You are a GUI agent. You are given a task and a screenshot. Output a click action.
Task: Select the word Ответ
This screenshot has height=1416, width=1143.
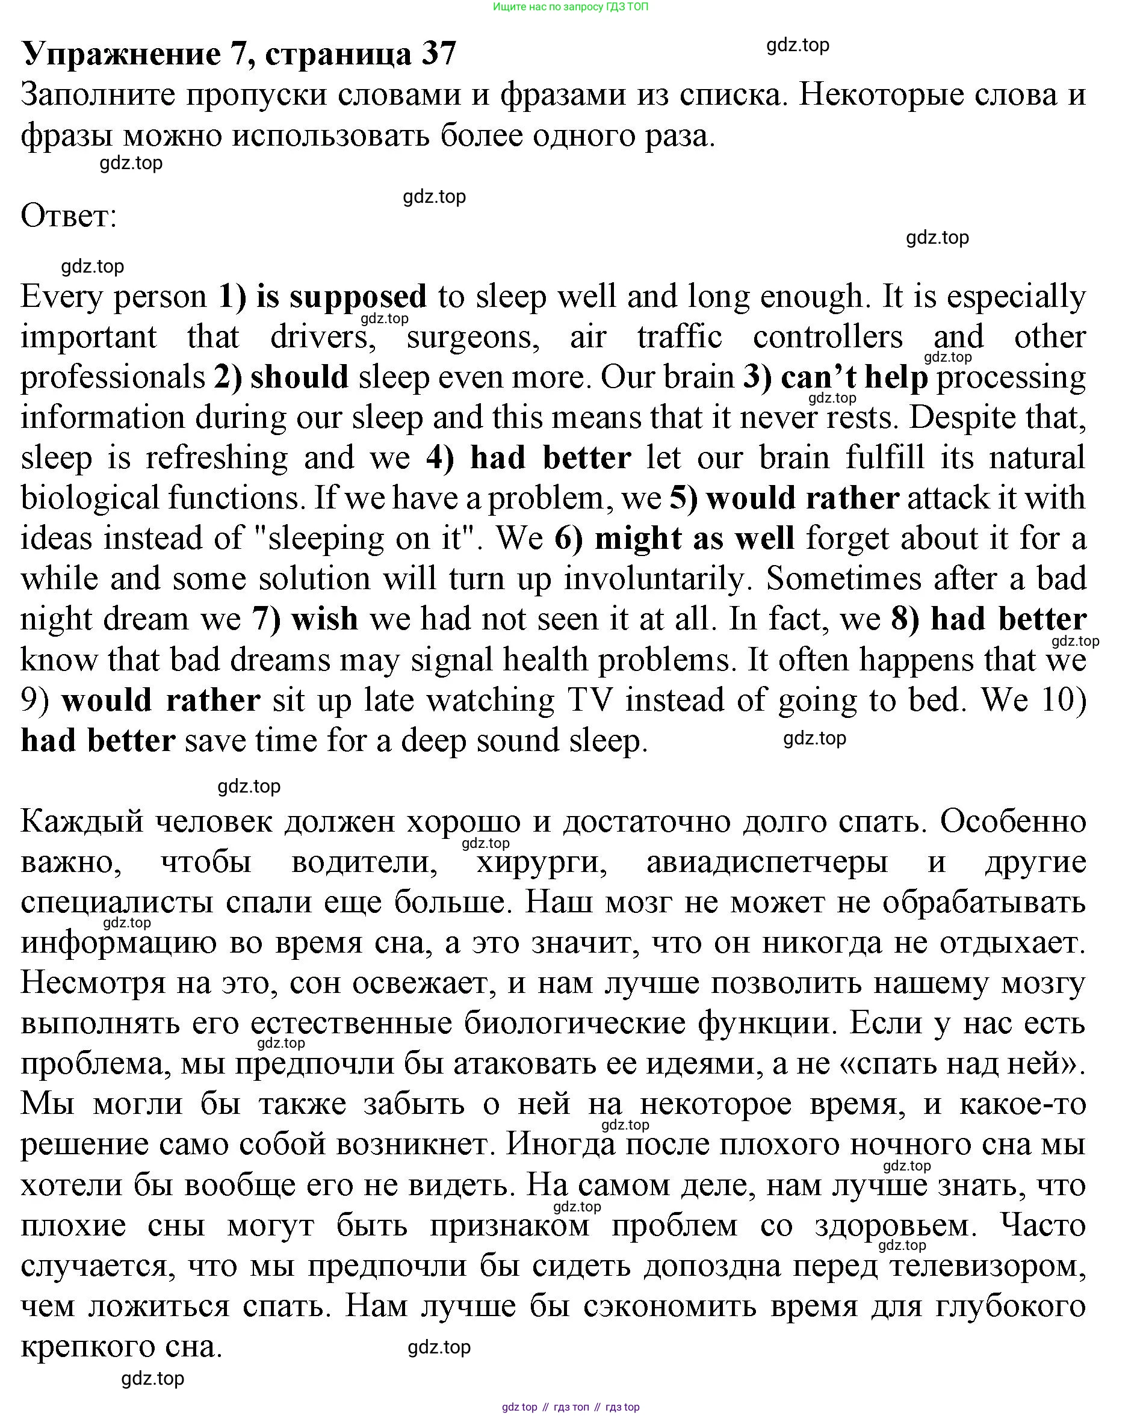point(69,216)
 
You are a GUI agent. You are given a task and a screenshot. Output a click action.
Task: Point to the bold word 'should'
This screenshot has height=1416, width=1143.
point(300,378)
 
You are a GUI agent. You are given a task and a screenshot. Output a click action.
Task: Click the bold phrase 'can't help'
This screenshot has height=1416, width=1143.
point(854,378)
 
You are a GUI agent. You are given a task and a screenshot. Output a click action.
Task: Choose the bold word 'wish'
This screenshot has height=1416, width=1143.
point(324,619)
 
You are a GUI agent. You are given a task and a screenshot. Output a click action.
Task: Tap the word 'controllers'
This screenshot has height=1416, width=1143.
point(828,338)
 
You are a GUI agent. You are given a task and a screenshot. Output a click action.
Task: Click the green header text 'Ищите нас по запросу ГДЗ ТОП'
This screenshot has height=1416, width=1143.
point(570,7)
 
